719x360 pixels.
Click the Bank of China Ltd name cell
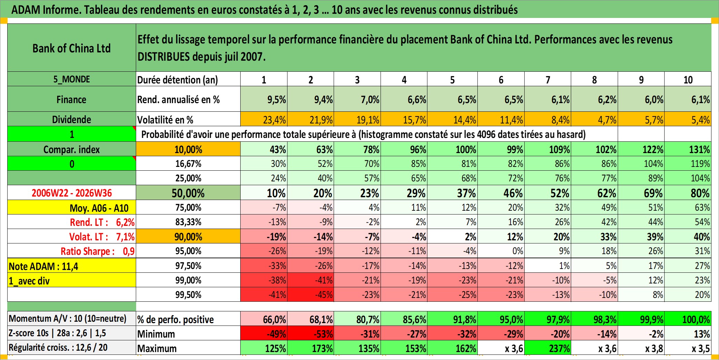(x=72, y=48)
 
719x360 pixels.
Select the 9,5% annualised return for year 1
(x=264, y=99)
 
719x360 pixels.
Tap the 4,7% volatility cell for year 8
(x=594, y=119)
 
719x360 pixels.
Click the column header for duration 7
(x=548, y=80)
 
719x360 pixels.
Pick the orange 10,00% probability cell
(x=188, y=149)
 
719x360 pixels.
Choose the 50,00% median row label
(x=188, y=193)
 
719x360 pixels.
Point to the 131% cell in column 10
(x=688, y=149)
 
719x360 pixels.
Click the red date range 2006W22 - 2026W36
(x=72, y=193)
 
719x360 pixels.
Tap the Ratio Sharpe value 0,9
(x=129, y=251)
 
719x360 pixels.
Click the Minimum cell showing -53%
(x=311, y=333)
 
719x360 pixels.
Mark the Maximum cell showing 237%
(x=548, y=348)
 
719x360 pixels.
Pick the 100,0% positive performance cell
(x=688, y=319)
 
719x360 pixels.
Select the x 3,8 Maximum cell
(x=641, y=348)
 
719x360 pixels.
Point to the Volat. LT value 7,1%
(x=125, y=237)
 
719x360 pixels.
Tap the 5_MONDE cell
(x=72, y=79)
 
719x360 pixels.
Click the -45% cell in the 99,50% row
(x=311, y=294)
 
